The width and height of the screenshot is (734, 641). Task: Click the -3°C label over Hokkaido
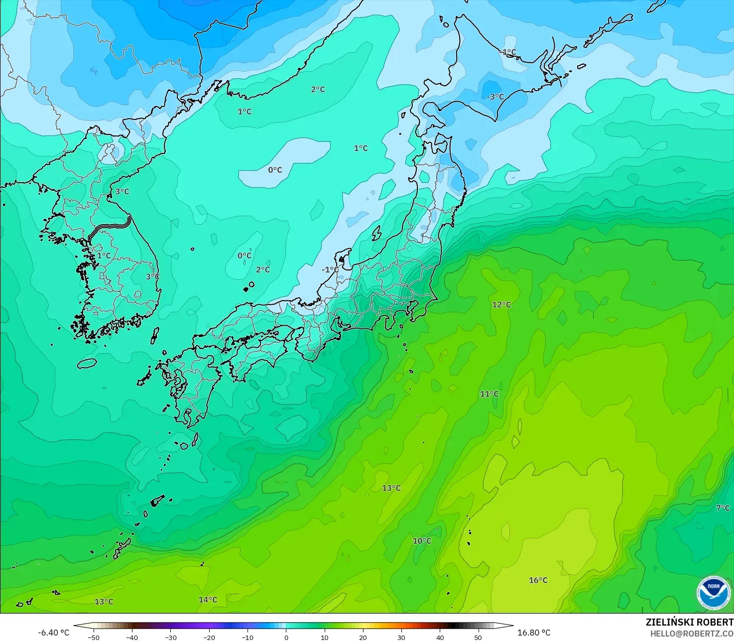tap(495, 97)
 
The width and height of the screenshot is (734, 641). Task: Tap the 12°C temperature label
tap(501, 304)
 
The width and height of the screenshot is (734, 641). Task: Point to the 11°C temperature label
tap(489, 394)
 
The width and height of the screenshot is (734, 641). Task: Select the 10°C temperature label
tap(422, 541)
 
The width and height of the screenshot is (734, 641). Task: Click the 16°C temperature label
tap(538, 580)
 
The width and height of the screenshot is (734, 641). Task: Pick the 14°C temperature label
tap(208, 600)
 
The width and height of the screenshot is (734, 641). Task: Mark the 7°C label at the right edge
tap(723, 508)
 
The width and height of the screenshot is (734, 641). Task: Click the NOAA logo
tap(714, 593)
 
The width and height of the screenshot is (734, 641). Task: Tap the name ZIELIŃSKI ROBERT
tap(689, 622)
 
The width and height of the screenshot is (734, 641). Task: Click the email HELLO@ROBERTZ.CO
tap(692, 633)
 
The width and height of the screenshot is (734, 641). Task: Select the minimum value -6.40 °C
tap(54, 633)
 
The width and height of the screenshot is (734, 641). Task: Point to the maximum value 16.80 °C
tap(534, 633)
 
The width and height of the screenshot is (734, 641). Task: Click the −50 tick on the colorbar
tap(93, 638)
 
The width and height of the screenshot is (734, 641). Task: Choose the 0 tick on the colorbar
tap(286, 638)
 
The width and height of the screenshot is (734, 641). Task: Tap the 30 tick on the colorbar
tap(401, 638)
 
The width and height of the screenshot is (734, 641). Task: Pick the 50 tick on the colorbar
tap(478, 638)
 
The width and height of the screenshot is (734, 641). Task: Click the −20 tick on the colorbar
tap(209, 638)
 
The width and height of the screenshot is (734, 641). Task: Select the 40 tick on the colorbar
tap(440, 638)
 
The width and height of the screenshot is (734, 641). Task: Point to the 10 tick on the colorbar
tap(325, 638)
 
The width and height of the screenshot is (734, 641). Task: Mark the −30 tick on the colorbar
tap(171, 638)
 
